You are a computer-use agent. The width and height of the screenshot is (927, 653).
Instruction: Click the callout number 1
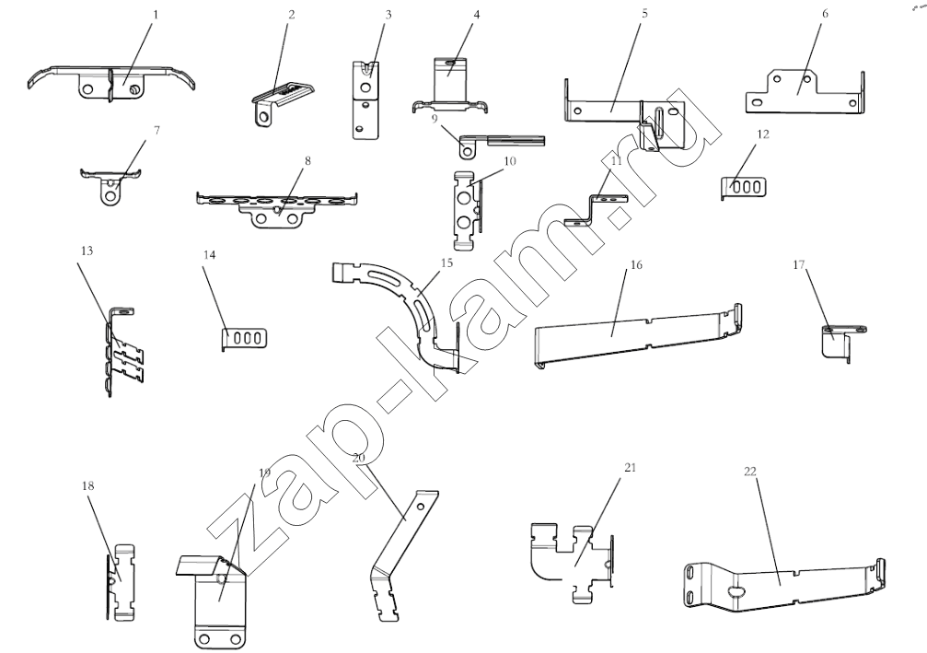(156, 16)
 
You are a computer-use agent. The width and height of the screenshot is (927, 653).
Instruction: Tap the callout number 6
(824, 17)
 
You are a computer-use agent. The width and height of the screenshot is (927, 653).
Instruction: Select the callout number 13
(87, 251)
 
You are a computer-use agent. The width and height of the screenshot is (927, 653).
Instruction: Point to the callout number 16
(635, 264)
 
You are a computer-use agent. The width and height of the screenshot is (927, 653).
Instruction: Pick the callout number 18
(87, 484)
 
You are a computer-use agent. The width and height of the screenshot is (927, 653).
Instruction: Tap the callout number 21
(630, 468)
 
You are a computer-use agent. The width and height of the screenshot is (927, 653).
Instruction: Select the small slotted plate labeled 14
(246, 339)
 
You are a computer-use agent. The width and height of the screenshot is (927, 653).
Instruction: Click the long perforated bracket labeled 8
(276, 204)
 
